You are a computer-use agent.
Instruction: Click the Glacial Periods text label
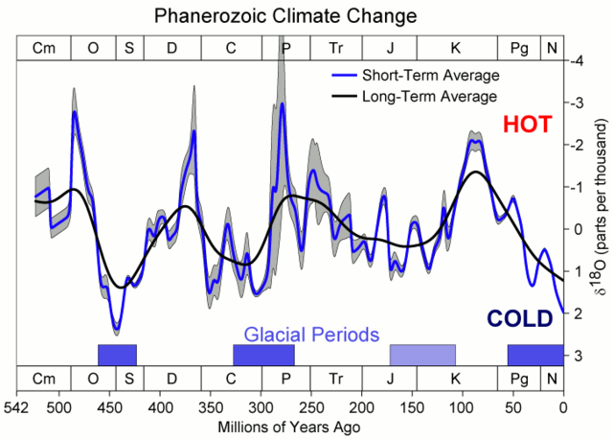tap(312, 334)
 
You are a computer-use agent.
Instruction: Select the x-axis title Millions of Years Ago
tap(286, 425)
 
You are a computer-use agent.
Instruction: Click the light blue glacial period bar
tap(422, 354)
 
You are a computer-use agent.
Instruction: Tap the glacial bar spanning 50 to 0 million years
tap(535, 354)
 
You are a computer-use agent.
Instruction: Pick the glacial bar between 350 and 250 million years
tap(263, 354)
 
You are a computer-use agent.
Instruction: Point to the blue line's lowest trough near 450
tap(117, 331)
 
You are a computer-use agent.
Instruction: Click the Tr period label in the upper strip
tap(335, 47)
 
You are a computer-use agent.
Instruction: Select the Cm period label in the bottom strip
tap(44, 379)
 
